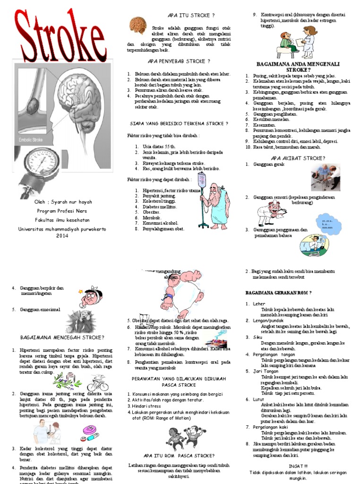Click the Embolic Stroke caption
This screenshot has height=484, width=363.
(31, 140)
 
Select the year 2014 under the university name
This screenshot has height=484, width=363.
(62, 235)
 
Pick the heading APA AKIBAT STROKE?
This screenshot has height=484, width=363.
(298, 158)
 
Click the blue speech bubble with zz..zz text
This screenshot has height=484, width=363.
(327, 224)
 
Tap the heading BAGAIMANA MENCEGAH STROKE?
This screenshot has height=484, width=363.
(62, 337)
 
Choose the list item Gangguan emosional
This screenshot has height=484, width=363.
(40, 310)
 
